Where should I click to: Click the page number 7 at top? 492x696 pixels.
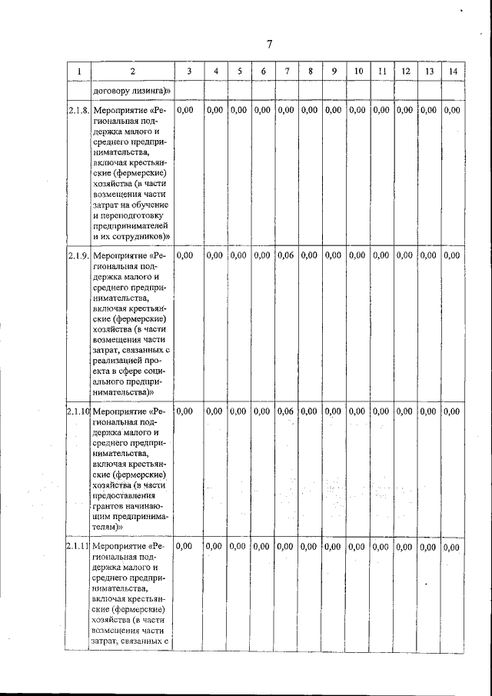[269, 43]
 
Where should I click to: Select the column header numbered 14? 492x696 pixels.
[454, 72]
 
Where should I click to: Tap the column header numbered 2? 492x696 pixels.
[131, 72]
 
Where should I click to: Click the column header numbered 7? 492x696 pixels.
[286, 72]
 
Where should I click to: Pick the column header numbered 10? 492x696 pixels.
[358, 72]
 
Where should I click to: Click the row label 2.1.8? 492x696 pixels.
[78, 111]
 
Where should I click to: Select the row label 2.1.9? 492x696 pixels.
[78, 255]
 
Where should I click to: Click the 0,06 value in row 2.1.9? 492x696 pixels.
[285, 255]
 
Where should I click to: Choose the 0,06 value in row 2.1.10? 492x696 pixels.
[285, 411]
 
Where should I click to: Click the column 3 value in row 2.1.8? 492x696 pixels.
[185, 111]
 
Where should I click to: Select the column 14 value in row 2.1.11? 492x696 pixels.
[453, 548]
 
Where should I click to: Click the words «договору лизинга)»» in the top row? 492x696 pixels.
[131, 92]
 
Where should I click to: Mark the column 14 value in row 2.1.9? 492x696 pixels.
[453, 255]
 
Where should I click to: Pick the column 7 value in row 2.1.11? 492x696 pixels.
[285, 547]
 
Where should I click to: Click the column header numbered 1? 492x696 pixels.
[78, 72]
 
